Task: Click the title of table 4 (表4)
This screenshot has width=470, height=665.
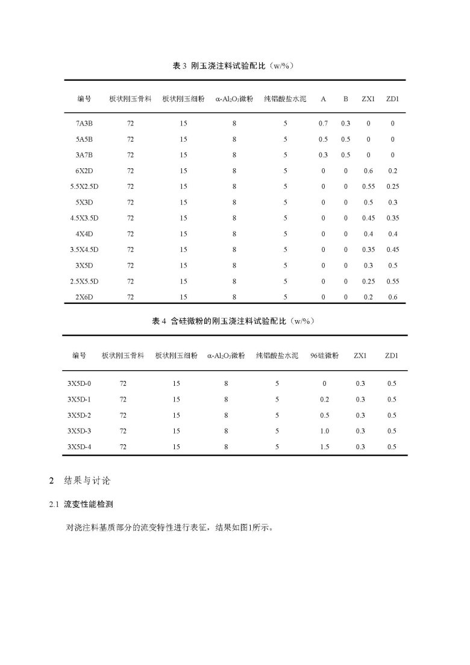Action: point(233,321)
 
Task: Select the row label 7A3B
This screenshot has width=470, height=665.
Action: point(84,124)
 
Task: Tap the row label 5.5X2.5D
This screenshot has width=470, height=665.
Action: point(84,186)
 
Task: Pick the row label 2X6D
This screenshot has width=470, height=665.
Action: point(84,297)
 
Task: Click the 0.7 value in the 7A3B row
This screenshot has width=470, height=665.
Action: point(323,124)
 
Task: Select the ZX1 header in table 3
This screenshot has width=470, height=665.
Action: point(368,98)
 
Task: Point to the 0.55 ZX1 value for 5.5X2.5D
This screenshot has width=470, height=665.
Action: point(368,186)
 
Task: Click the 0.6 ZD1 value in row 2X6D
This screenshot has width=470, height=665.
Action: point(393,297)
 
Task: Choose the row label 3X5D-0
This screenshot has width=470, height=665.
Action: point(79,383)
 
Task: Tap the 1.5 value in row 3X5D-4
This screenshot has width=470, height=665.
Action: point(324,447)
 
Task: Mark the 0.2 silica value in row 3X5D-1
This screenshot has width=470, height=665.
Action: point(324,399)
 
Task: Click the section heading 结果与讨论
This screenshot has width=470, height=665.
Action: point(89,481)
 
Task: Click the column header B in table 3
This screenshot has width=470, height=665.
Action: point(345,98)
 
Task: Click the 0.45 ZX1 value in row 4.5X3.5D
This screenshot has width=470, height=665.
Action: point(368,218)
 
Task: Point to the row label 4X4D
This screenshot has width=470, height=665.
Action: point(84,234)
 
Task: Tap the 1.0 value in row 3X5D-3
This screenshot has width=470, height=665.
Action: point(324,431)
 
